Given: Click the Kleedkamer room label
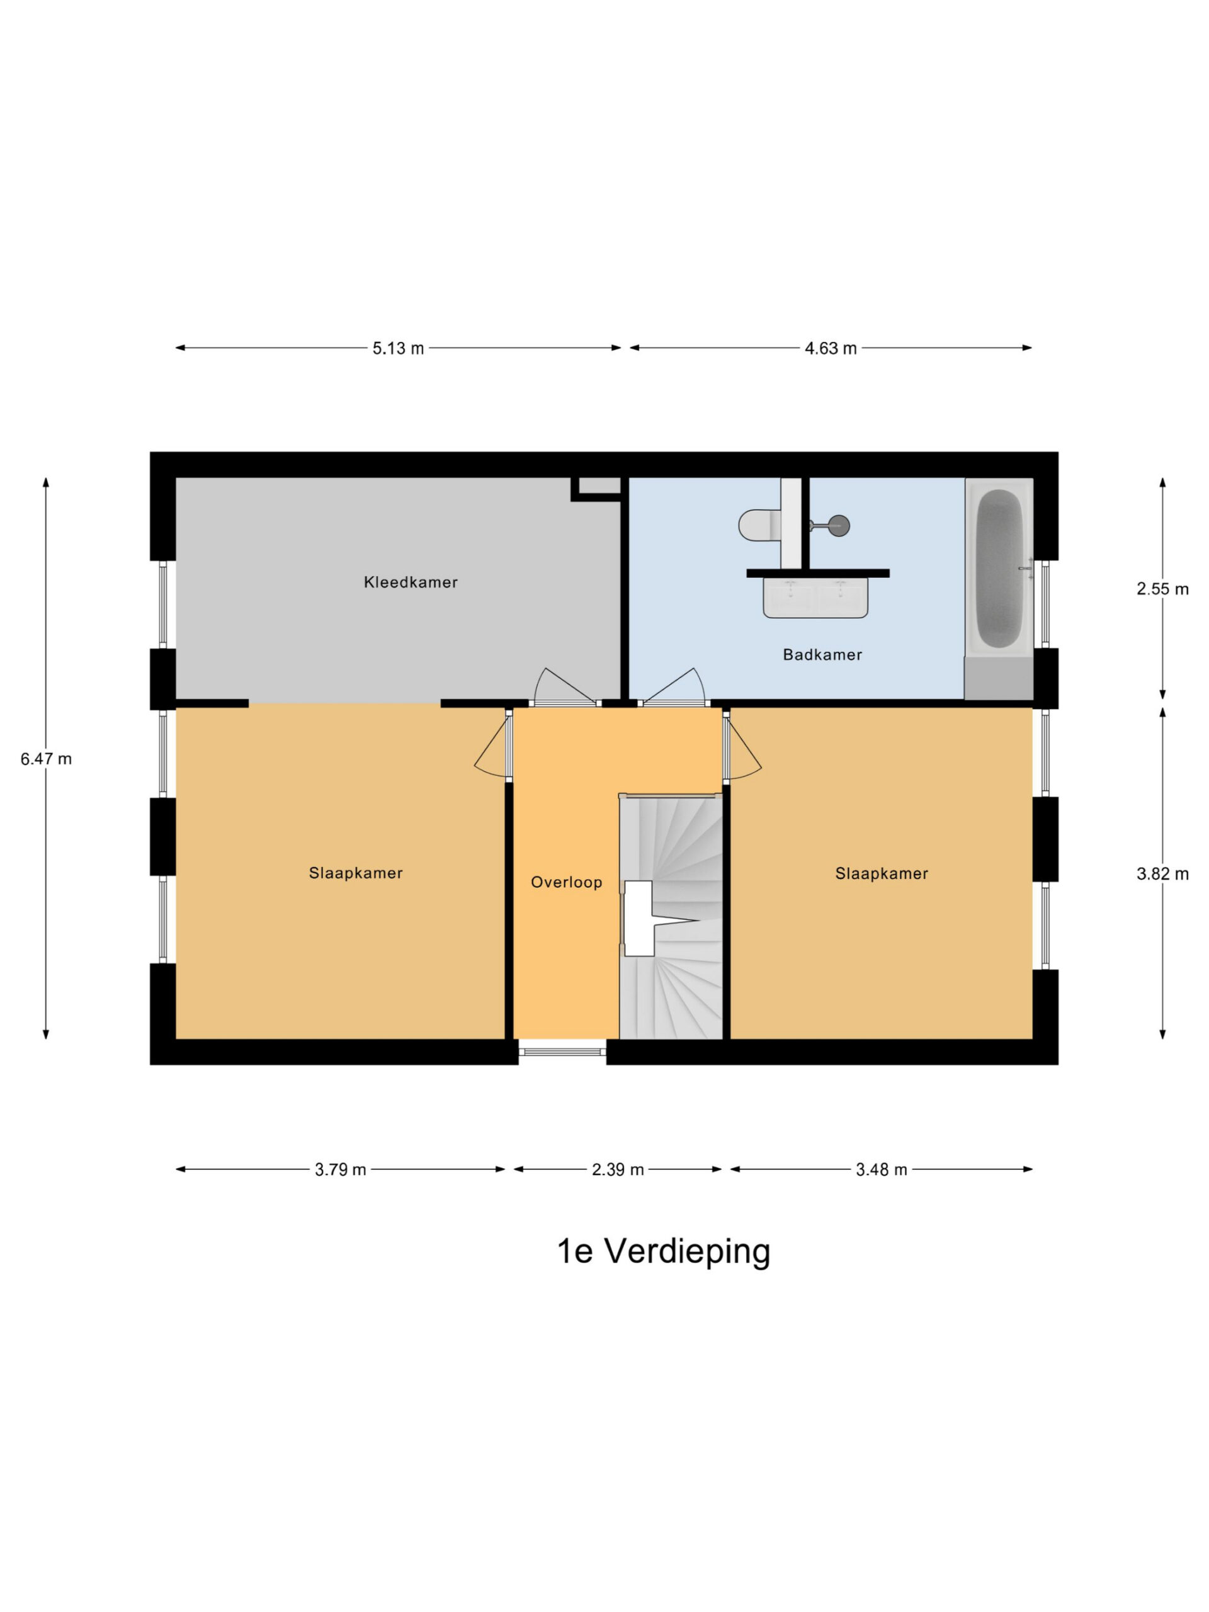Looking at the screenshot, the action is pos(411,582).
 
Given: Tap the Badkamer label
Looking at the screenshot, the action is pos(822,654).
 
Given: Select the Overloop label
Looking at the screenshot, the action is pos(566,883).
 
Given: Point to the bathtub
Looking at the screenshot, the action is pos(999,569).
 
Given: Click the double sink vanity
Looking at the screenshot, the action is pos(815,597).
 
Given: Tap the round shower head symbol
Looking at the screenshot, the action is pos(840,525).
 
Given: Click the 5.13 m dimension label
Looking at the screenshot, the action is pos(398,348).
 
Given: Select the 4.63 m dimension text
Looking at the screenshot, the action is pos(830,348).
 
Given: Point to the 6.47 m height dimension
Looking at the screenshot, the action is pos(46,759).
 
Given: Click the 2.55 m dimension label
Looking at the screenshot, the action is pos(1162,589).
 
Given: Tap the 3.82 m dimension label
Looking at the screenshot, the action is pos(1162,874).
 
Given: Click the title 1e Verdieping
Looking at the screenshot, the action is pos(663,1251).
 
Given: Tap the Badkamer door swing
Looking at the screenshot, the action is pos(674,686).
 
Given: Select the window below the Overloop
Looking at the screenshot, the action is pos(562,1052).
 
